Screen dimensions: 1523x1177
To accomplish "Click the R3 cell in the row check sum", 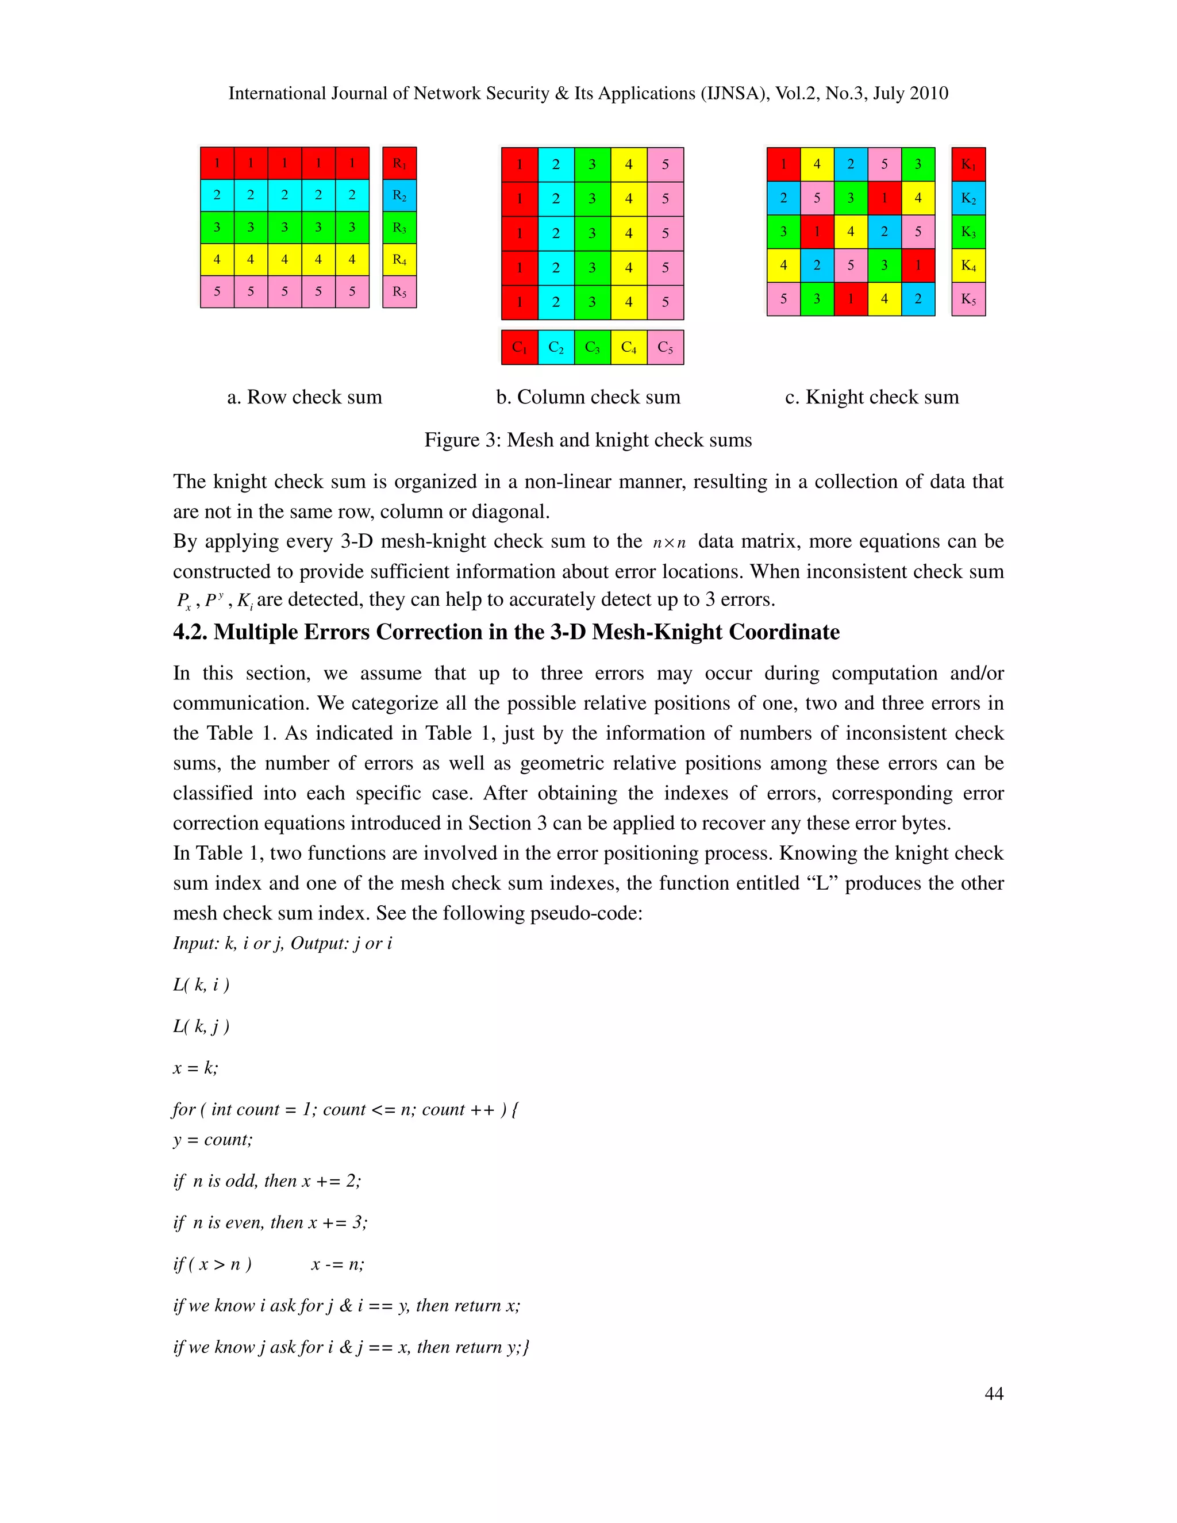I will pyautogui.click(x=399, y=228).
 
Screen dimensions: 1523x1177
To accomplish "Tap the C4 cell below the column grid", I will pyautogui.click(x=628, y=347).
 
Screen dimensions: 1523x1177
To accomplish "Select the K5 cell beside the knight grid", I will pyautogui.click(x=968, y=299).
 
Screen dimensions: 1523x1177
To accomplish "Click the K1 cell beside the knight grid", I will pyautogui.click(x=968, y=164).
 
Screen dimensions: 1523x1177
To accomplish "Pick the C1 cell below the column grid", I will pyautogui.click(x=520, y=347).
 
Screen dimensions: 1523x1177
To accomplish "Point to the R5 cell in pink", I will pyautogui.click(x=399, y=291).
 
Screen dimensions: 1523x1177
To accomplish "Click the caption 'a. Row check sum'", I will pyautogui.click(x=305, y=398).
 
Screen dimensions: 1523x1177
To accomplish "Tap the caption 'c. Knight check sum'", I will pyautogui.click(x=872, y=398).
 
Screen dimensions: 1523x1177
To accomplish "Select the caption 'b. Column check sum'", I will pyautogui.click(x=588, y=398).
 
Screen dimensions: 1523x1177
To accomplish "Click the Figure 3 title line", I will pyautogui.click(x=588, y=440).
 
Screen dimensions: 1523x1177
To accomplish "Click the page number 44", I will pyautogui.click(x=994, y=1393).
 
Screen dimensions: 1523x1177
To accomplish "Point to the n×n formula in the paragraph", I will pyautogui.click(x=670, y=543).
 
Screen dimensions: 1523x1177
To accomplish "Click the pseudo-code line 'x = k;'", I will pyautogui.click(x=195, y=1068).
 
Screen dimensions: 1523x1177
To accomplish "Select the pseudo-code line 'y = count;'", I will pyautogui.click(x=213, y=1140).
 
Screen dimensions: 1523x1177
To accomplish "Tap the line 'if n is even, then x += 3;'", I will pyautogui.click(x=270, y=1222).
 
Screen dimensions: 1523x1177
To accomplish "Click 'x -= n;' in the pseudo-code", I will pyautogui.click(x=337, y=1264).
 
